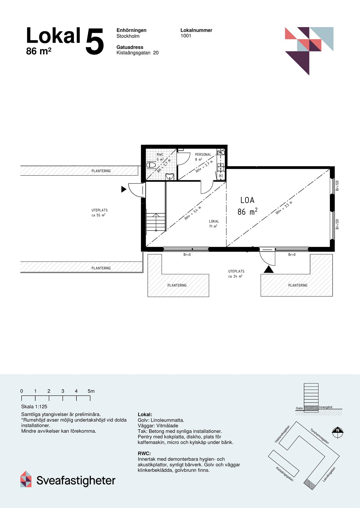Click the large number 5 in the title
[94, 42]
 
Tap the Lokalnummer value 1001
[186, 36]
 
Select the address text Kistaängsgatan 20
[137, 53]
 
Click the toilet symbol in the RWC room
[151, 165]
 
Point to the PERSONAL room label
[203, 154]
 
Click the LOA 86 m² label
[247, 206]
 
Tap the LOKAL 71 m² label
[214, 224]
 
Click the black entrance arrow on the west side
[124, 189]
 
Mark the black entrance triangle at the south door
[268, 270]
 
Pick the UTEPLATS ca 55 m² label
[99, 213]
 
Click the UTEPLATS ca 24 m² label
[236, 274]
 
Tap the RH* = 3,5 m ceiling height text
[284, 208]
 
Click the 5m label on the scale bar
[91, 391]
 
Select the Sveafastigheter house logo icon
[26, 479]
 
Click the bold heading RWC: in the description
[144, 453]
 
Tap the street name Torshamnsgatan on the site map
[319, 436]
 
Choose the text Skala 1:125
[34, 407]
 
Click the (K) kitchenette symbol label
[221, 176]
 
